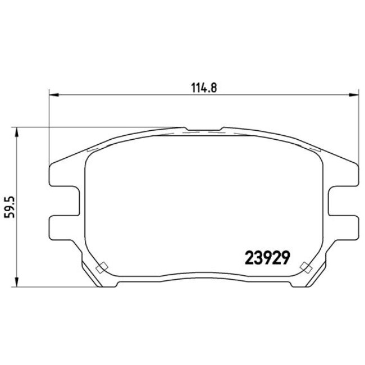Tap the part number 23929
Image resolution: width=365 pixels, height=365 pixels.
tap(267, 257)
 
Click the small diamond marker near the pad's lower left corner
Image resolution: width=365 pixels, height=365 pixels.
tap(102, 267)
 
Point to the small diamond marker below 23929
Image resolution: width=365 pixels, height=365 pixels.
tap(306, 267)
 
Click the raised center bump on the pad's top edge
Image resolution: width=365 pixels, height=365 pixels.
tap(203, 129)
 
